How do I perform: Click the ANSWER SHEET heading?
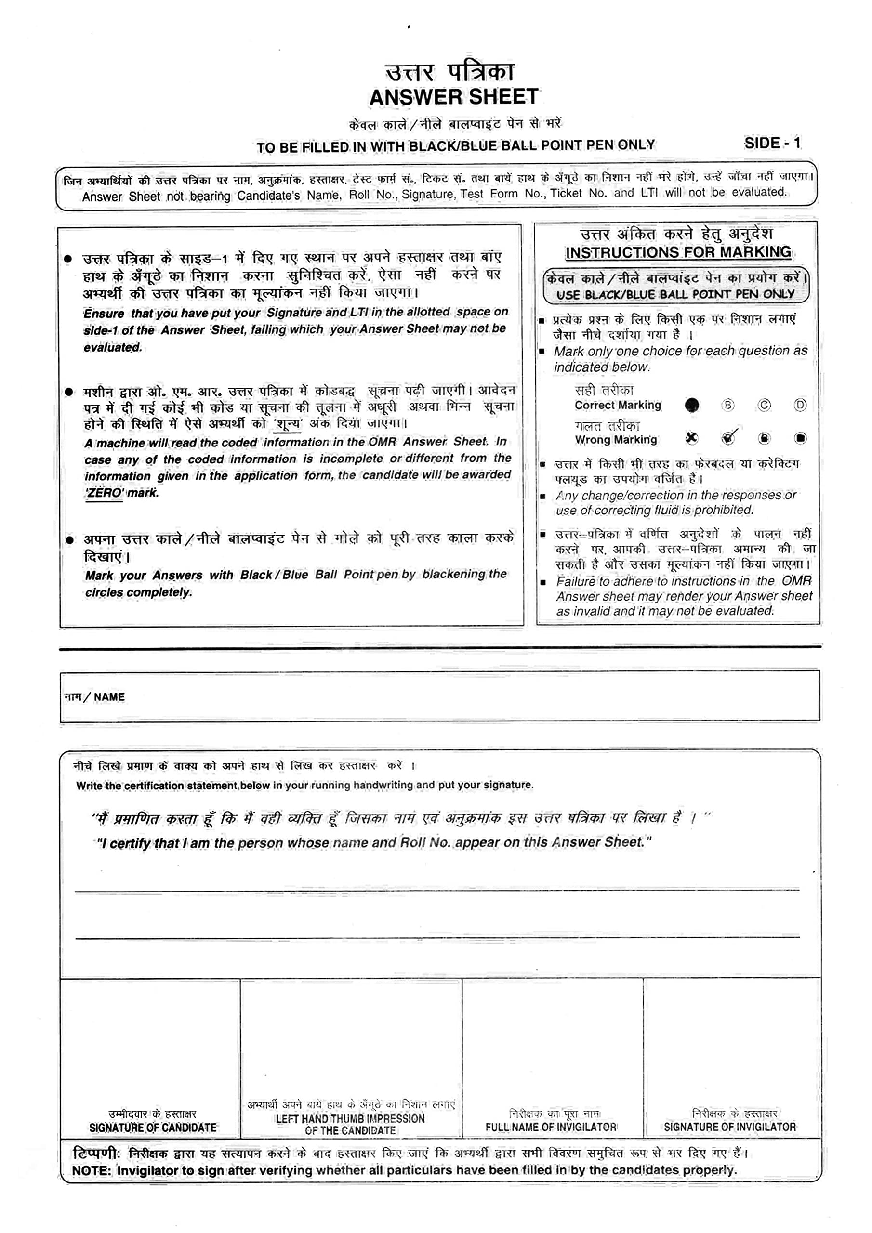[x=453, y=97]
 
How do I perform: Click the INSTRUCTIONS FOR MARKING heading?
[x=678, y=252]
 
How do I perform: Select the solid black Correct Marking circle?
[x=692, y=405]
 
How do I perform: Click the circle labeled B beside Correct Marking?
[x=727, y=405]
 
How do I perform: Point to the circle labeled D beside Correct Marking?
[x=800, y=405]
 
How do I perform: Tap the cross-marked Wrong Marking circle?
[x=692, y=438]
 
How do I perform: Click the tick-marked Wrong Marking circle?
[x=728, y=438]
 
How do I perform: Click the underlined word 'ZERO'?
[x=104, y=493]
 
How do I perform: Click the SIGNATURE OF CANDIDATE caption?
[x=153, y=1127]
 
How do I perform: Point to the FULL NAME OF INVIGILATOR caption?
[x=551, y=1127]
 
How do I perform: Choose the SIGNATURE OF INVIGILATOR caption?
[x=729, y=1127]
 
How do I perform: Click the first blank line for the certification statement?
[x=436, y=890]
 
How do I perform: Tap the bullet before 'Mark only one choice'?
[x=542, y=352]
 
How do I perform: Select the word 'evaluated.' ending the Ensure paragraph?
[x=112, y=347]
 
